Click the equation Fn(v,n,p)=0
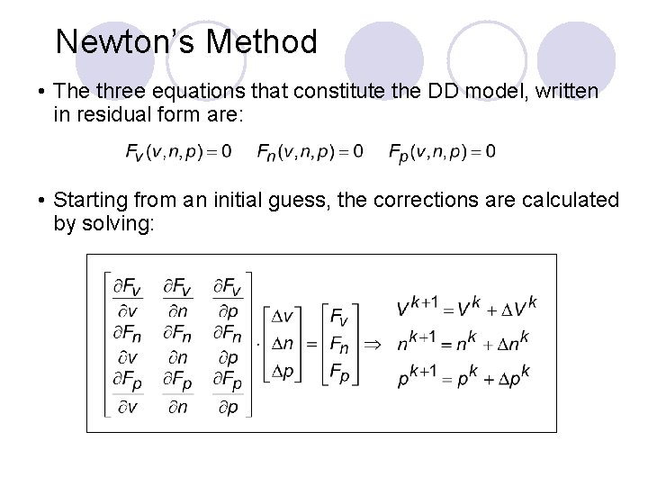pos(310,152)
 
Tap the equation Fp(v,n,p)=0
pos(442,152)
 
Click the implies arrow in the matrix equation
pos(372,343)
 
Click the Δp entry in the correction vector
pos(283,371)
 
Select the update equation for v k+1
pos(466,309)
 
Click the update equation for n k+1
pos(464,342)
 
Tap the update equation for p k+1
pos(464,375)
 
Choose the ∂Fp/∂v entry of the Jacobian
pos(128,394)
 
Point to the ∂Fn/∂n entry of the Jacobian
pos(177,346)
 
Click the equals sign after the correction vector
pos(310,343)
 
